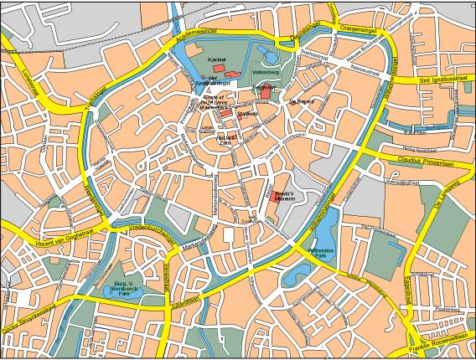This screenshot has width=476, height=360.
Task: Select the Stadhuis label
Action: tap(246, 115)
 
